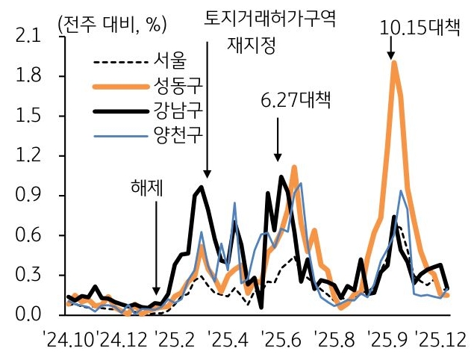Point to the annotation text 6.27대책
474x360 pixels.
coord(296,99)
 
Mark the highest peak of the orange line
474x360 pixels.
coord(394,63)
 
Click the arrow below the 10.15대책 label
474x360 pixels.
coord(390,48)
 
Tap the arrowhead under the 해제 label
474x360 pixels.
coord(156,293)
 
